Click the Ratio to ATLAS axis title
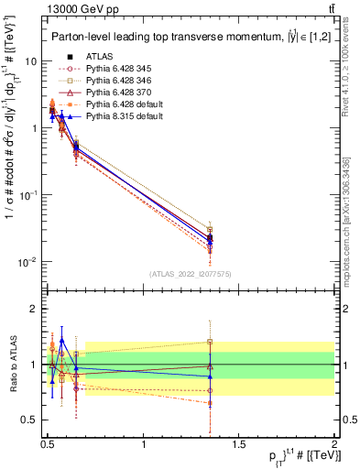click(13, 364)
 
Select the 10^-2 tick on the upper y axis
click(27, 263)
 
